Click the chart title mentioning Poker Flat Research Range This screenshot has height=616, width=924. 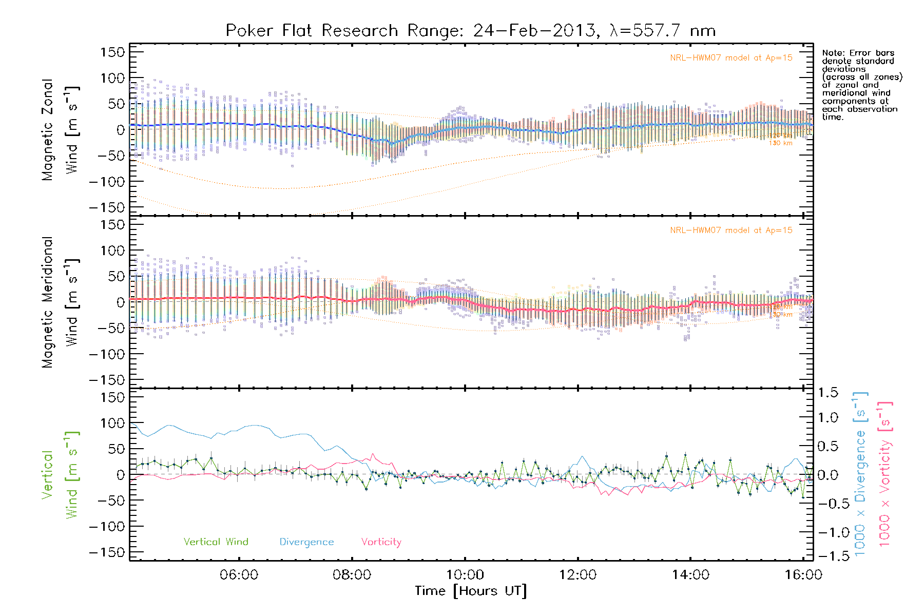[470, 31]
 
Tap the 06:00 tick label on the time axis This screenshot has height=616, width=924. [239, 575]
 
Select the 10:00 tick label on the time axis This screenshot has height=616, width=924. [465, 575]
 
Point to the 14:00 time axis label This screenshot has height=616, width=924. [690, 575]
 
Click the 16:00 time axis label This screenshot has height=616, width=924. [803, 575]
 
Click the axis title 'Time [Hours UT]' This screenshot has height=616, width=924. [470, 591]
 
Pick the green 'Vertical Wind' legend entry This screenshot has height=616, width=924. [216, 542]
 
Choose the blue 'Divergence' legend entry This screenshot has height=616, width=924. [306, 542]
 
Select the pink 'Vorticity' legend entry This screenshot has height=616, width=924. [381, 542]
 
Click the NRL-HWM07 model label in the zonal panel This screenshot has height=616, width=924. [731, 58]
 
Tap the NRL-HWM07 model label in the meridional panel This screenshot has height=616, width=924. [731, 230]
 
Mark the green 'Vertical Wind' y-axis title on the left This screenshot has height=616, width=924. [60, 475]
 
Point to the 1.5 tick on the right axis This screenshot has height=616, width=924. [827, 393]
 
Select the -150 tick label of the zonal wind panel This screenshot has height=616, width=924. [107, 208]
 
